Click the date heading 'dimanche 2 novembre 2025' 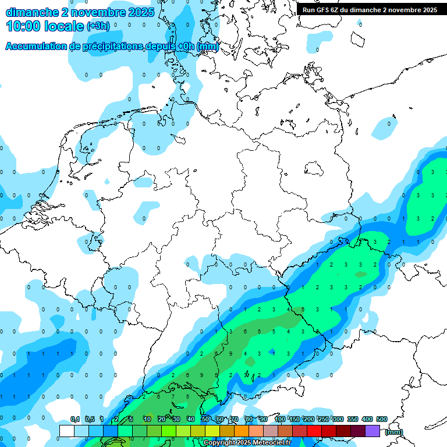click(80, 12)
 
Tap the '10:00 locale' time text click(45, 26)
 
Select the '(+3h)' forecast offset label click(98, 26)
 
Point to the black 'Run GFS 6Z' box click(370, 9)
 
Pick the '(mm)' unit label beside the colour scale click(393, 432)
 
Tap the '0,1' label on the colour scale click(75, 420)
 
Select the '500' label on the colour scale click(382, 420)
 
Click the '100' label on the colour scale click(280, 420)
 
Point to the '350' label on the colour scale click(353, 420)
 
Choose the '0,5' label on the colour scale click(90, 420)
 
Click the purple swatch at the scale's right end click(372, 431)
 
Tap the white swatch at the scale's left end click(67, 431)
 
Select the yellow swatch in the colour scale click(212, 431)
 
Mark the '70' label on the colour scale click(234, 420)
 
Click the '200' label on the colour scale click(309, 420)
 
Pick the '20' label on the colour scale click(161, 420)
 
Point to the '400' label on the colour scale click(367, 420)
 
